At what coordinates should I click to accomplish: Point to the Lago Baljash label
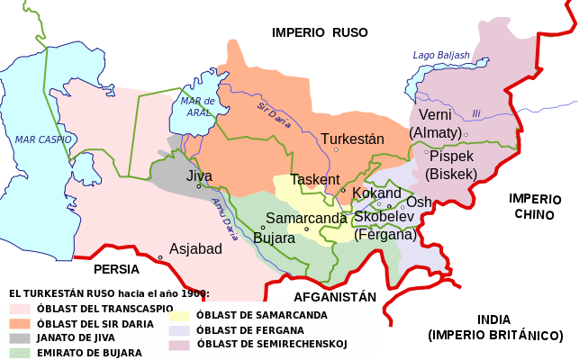coord(440,56)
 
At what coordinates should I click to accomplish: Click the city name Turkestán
coord(352,139)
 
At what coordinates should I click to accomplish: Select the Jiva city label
coord(199,176)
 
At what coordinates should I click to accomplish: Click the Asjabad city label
coord(195,248)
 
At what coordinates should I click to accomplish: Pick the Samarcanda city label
coord(306,219)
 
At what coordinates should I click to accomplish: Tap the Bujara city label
coord(274,238)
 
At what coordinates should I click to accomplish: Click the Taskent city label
coord(315,179)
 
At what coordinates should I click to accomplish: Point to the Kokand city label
coord(376,193)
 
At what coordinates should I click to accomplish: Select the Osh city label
coord(419,202)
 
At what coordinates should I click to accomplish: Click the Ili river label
coord(476,112)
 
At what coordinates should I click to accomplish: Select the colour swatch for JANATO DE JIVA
coord(20,337)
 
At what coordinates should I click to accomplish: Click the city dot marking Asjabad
coord(160,257)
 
